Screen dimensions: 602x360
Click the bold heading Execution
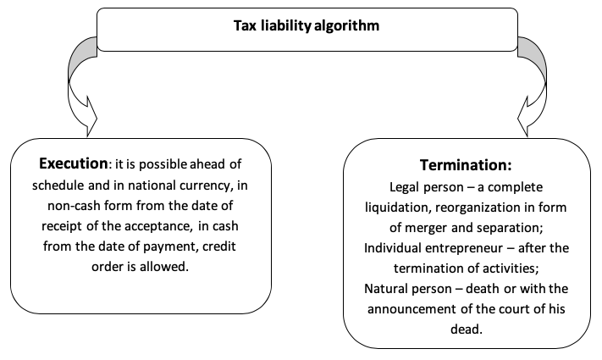pyautogui.click(x=74, y=163)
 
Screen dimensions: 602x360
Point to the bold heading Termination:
pyautogui.click(x=466, y=165)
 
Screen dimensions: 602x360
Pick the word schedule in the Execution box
pyautogui.click(x=58, y=186)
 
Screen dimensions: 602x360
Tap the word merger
pyautogui.click(x=426, y=228)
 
